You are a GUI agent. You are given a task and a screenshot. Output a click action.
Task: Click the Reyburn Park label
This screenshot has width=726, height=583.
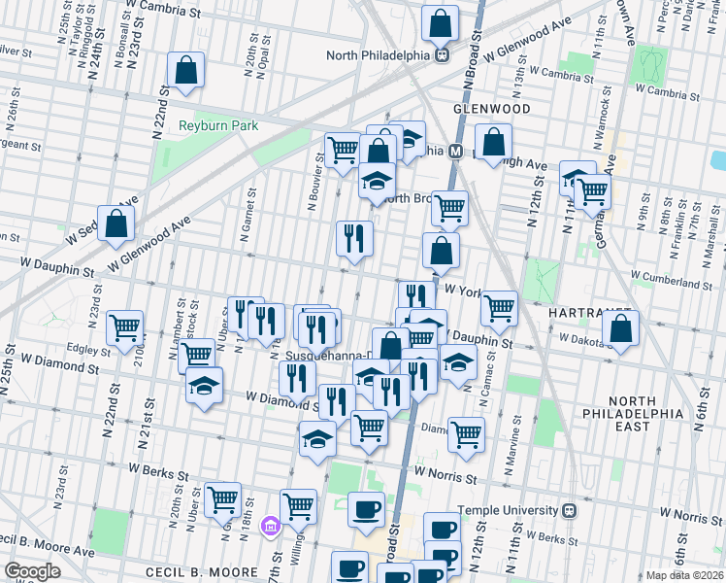click(215, 124)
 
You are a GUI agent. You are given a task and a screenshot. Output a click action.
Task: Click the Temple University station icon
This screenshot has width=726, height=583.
click(572, 508)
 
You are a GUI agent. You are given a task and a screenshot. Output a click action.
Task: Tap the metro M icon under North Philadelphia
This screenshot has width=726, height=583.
click(441, 55)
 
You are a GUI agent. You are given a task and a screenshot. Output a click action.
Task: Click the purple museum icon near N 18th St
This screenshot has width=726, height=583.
click(270, 527)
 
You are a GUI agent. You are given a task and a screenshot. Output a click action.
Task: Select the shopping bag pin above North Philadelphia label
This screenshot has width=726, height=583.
click(441, 23)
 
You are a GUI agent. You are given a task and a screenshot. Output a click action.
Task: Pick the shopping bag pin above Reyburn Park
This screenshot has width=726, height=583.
click(184, 70)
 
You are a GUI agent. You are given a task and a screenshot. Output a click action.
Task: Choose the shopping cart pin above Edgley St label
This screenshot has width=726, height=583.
click(124, 328)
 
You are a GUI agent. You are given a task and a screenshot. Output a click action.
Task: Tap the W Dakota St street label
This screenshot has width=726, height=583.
click(589, 338)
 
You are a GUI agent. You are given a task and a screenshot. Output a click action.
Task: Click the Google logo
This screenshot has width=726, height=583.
click(32, 571)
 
